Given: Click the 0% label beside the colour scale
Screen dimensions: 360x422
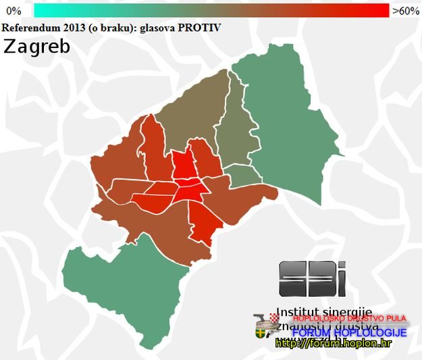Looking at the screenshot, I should coord(14,11).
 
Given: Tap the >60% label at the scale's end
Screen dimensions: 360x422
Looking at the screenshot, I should coord(406,11).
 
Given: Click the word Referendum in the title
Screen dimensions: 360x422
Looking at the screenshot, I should coord(31,27).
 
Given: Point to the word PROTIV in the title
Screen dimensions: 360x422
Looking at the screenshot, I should coord(199,27).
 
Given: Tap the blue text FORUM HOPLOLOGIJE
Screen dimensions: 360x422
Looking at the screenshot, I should coord(349,333).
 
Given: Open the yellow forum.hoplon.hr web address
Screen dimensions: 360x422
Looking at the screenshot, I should coord(334,344).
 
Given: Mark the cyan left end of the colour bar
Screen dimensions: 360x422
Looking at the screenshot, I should coord(39,11).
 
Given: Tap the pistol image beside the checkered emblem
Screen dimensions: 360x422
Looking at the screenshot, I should coord(261,319).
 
